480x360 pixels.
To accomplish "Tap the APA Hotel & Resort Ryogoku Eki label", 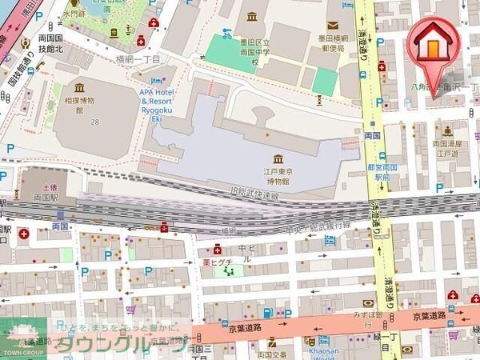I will point(163,102).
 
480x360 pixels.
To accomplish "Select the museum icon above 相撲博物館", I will point(79,88).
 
